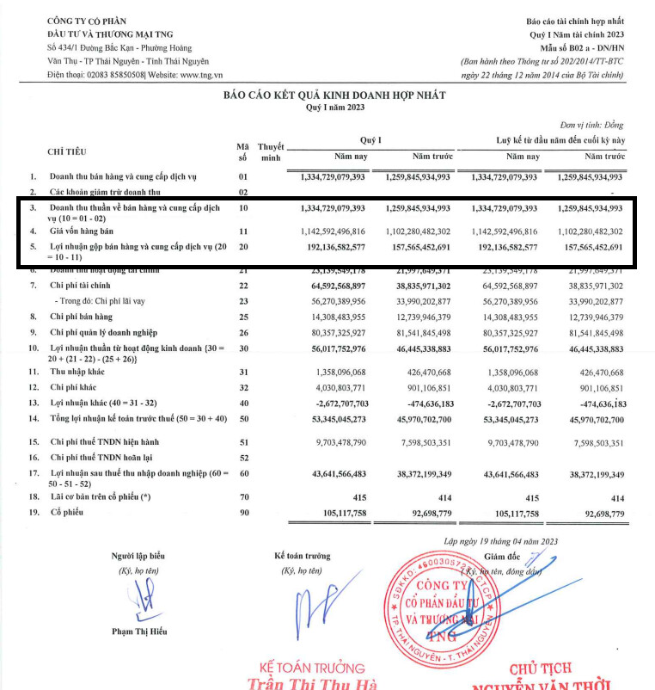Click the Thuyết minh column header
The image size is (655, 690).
272,152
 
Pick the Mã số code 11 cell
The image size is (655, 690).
243,232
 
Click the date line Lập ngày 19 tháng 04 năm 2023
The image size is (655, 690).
501,541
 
